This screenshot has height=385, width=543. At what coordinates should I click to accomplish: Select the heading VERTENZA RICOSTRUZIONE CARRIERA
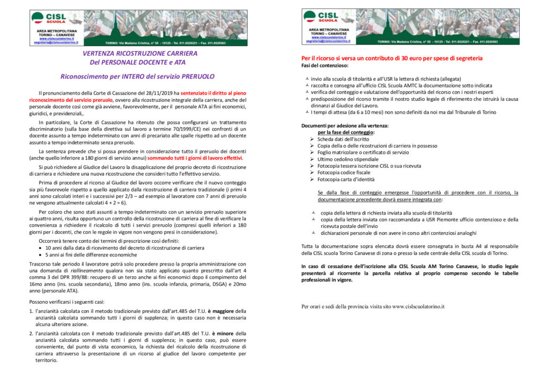click(140, 54)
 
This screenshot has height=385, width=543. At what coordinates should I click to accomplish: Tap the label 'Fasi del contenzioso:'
click(325, 65)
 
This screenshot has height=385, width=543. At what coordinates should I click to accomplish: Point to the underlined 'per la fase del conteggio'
click(346, 132)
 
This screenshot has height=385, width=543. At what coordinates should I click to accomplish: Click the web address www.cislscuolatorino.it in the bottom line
click(418, 306)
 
